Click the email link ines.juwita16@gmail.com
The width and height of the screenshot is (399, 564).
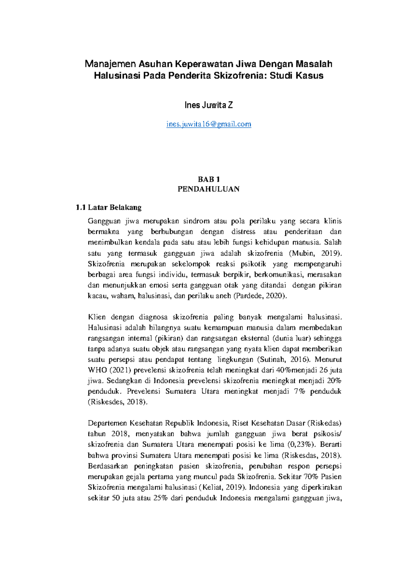[x=208, y=124]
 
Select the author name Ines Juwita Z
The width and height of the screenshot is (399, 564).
[x=208, y=105]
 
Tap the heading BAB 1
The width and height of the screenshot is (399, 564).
[x=208, y=180]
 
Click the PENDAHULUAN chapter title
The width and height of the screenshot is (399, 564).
[x=208, y=189]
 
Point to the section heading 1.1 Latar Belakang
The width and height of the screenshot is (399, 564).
[x=109, y=208]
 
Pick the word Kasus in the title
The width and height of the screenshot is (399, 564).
[x=310, y=76]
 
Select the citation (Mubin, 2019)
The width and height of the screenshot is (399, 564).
[x=315, y=253]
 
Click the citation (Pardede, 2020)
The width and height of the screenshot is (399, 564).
[x=260, y=296]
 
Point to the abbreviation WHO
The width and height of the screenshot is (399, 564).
[x=97, y=370]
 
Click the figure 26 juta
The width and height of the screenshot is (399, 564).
[x=331, y=370]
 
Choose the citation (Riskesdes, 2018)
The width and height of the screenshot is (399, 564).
[x=117, y=402]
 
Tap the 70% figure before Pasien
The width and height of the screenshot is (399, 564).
[x=311, y=477]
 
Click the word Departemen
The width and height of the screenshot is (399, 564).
[x=107, y=423]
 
